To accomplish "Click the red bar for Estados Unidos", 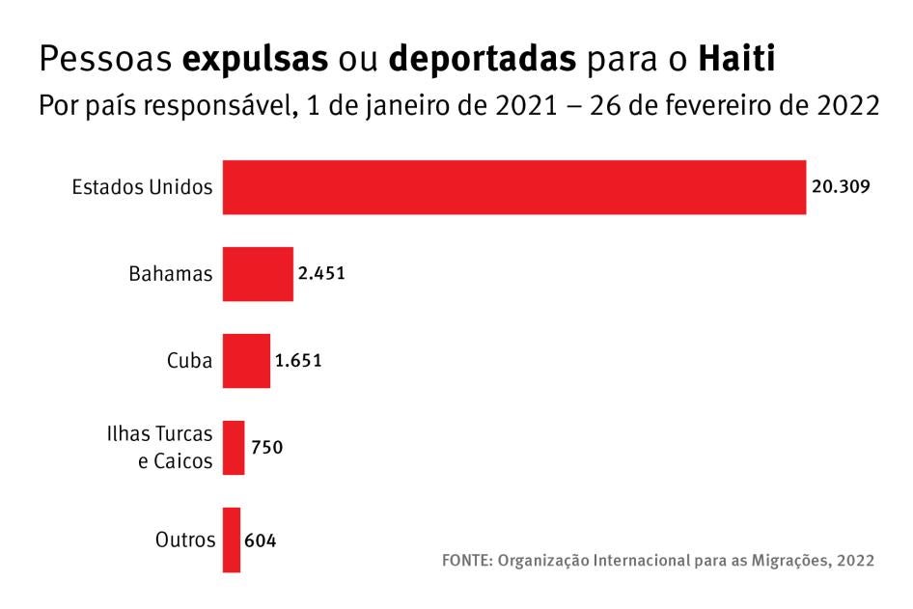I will coord(514,187).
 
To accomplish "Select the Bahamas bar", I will coord(258,274).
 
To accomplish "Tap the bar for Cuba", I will coord(246,361).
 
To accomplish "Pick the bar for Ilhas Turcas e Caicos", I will coord(234,448).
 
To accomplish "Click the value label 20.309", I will coord(842,187).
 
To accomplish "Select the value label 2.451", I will coord(321,274).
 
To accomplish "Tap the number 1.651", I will coord(298,361).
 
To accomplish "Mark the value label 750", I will coord(266,448).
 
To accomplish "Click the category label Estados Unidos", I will coord(142,187).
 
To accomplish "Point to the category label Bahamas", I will coord(171,274).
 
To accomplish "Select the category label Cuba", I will coord(189,361).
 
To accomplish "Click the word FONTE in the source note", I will coord(465,561).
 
